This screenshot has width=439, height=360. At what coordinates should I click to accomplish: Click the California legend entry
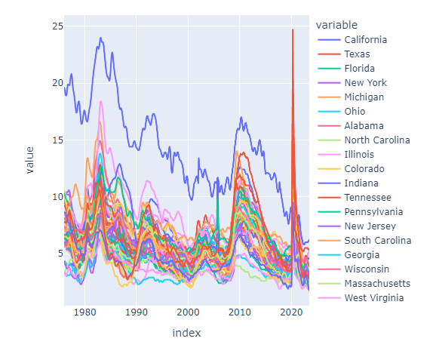click(365, 39)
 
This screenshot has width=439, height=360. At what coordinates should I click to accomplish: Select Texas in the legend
click(357, 54)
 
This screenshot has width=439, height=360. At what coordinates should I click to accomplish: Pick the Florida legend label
click(359, 68)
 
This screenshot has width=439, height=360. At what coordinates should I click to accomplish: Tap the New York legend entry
click(365, 82)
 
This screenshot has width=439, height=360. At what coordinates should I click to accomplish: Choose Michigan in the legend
click(364, 97)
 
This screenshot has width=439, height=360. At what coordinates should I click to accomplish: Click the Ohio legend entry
click(355, 111)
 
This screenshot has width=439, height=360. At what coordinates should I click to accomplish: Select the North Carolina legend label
click(376, 140)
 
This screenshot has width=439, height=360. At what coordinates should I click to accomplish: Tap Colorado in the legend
click(364, 168)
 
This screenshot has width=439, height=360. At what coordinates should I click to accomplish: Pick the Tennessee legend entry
click(368, 197)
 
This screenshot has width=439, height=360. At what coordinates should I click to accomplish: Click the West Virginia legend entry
click(373, 297)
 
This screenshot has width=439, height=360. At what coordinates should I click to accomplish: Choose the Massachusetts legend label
click(376, 283)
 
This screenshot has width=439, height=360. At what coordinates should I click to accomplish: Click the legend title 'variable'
click(337, 24)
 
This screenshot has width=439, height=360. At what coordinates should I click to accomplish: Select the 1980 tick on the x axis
click(85, 312)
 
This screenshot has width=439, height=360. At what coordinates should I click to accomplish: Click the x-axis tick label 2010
click(240, 312)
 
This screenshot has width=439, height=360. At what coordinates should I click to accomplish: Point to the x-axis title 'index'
click(186, 333)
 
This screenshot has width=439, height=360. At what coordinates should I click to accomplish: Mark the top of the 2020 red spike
click(293, 29)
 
